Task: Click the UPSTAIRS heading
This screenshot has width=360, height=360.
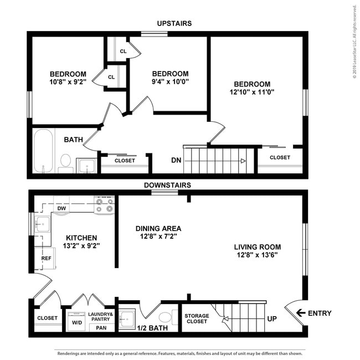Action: click(x=174, y=23)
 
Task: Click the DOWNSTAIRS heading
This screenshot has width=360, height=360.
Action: click(x=167, y=185)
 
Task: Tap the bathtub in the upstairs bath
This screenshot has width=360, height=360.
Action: click(x=43, y=151)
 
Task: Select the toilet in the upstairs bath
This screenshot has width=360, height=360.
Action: click(x=66, y=163)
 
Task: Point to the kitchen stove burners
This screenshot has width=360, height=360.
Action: click(x=104, y=205)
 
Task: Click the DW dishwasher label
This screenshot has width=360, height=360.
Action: click(x=61, y=208)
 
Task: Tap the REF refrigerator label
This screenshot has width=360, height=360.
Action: click(x=46, y=258)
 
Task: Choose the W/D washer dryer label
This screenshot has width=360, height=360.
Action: click(x=77, y=322)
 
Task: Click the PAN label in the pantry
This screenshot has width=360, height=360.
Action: click(x=101, y=328)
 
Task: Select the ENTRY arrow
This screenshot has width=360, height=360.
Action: click(x=301, y=313)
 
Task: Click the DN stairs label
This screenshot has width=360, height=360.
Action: click(x=176, y=160)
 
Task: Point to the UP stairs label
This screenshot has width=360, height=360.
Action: click(x=272, y=318)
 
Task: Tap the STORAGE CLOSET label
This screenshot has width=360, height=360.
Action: click(x=197, y=318)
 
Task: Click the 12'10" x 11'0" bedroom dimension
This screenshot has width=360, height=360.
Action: click(x=252, y=92)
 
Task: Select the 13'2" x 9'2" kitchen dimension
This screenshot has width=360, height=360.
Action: click(x=81, y=246)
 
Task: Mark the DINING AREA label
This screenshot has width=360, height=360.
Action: click(x=158, y=228)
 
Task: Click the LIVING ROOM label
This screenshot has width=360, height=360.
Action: click(x=258, y=247)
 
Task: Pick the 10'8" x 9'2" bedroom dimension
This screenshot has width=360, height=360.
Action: click(x=68, y=82)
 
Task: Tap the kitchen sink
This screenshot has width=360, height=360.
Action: click(x=42, y=224)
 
